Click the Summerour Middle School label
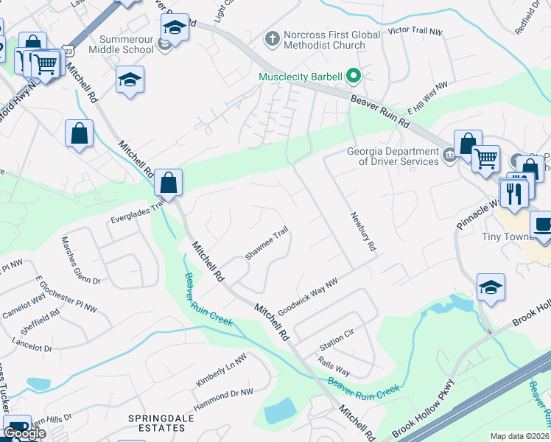[x=120, y=43]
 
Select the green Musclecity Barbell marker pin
[x=354, y=76]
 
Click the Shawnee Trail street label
[x=265, y=243]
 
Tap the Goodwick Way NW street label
[x=308, y=293]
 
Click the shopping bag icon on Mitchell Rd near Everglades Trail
[x=168, y=181]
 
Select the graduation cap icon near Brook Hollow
[x=491, y=287]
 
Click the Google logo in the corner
[x=24, y=433]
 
